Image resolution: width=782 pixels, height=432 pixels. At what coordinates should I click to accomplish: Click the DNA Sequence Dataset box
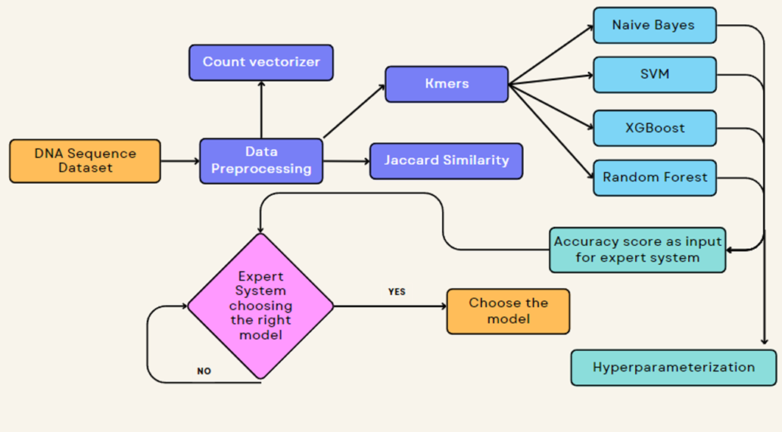85,160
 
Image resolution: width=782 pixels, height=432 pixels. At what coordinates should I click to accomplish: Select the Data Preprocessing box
261,160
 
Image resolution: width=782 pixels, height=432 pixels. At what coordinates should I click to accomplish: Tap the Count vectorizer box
261,62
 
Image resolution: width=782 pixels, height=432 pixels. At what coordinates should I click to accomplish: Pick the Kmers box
447,84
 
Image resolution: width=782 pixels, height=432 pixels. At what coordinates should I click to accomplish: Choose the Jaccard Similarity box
446,160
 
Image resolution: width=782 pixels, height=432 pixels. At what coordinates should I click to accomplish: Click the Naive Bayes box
654,25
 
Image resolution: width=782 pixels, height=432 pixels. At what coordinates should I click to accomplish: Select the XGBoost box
654,128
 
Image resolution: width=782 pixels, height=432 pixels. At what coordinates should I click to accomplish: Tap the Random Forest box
654,178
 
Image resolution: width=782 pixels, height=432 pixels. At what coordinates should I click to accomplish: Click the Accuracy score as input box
637,250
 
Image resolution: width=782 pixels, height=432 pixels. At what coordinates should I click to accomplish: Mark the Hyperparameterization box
673,368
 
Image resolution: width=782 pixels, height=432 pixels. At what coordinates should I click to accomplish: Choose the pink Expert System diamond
260,306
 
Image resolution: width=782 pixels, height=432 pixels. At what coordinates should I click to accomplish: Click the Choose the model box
508,311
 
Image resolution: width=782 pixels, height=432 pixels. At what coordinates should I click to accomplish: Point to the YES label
396,291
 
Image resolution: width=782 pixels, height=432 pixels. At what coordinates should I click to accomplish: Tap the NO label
204,371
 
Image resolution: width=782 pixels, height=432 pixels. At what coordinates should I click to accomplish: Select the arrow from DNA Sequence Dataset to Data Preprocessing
180,160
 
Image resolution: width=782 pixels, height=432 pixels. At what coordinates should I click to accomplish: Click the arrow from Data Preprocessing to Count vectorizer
261,109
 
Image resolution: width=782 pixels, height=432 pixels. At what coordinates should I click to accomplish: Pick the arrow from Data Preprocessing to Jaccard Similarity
346,161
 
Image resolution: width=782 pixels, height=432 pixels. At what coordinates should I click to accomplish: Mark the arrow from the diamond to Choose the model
389,306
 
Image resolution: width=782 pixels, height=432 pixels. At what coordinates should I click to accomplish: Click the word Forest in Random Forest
684,178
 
